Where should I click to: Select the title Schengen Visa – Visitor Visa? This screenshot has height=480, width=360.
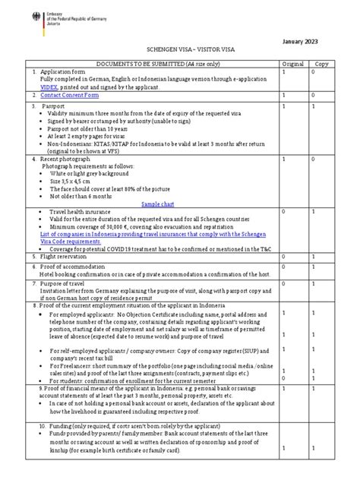180,46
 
